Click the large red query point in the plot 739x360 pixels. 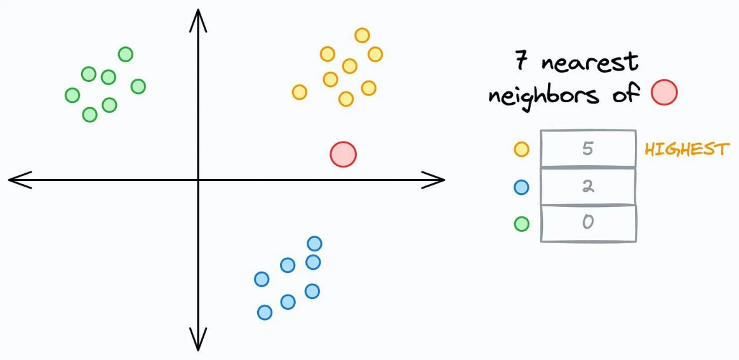point(343,154)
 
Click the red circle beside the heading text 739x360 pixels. point(664,92)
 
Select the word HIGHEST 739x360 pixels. point(687,149)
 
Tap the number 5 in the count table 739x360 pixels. point(587,149)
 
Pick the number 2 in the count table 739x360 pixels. point(587,186)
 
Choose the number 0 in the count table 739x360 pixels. point(587,222)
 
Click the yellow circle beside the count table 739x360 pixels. point(521,149)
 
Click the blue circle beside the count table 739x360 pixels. point(521,187)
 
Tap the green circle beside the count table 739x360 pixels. point(521,223)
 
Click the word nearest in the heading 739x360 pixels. point(590,63)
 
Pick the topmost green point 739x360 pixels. point(125,54)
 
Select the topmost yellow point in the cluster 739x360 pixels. point(362,36)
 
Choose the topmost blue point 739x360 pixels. point(314,244)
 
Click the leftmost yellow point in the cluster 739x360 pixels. point(299,92)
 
